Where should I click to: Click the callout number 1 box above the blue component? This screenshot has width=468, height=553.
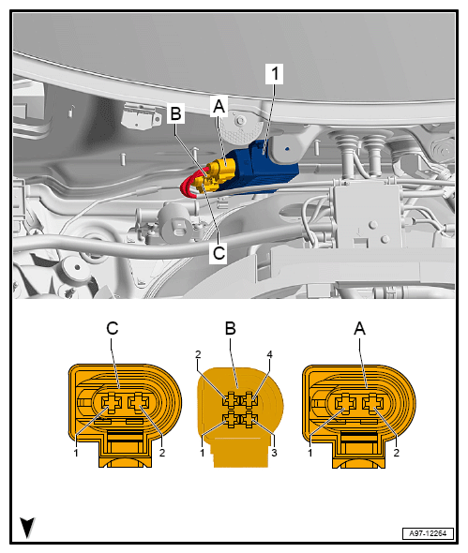(274, 74)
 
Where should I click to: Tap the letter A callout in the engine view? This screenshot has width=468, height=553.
(219, 106)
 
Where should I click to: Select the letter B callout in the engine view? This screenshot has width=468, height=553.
(175, 113)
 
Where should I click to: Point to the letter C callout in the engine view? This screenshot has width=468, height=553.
(219, 253)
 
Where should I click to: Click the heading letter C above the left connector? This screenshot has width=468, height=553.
(113, 329)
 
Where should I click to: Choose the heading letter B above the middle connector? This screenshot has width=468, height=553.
(230, 329)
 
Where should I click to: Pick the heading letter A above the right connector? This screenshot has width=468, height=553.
(359, 329)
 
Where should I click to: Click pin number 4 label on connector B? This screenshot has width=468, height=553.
(270, 354)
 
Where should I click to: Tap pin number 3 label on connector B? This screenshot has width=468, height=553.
(274, 453)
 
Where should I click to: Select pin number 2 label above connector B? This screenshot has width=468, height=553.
(198, 354)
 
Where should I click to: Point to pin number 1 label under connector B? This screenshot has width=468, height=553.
(203, 453)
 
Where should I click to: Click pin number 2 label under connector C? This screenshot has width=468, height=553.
(162, 453)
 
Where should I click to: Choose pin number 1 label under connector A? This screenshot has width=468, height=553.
(310, 453)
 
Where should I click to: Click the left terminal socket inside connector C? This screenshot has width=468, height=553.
(112, 403)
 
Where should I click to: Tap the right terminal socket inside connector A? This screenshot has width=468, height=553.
(372, 403)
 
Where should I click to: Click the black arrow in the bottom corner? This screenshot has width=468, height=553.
(27, 528)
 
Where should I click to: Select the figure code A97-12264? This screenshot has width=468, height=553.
(428, 533)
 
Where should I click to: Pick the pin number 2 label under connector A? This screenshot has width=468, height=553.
(397, 453)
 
